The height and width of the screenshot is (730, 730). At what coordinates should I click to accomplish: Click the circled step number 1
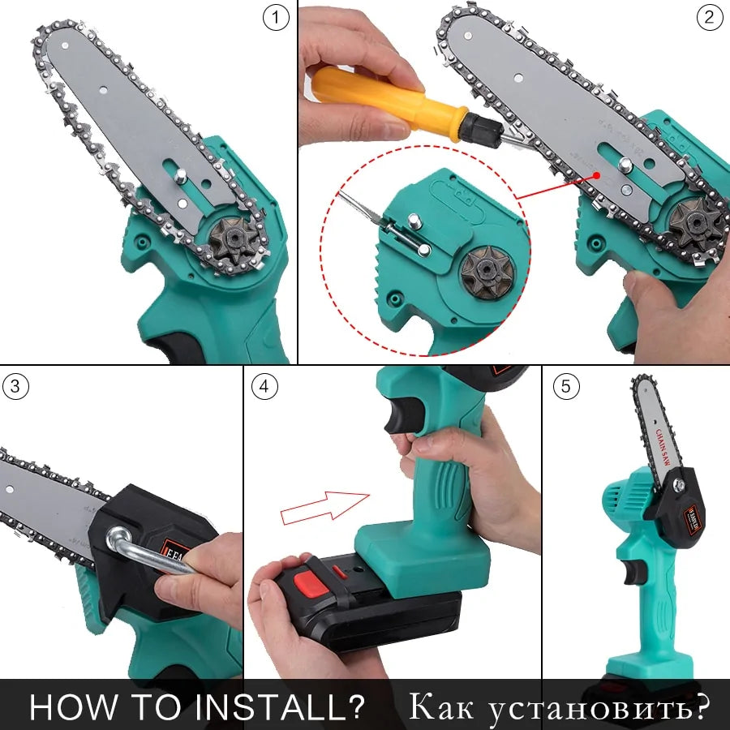click(x=277, y=18)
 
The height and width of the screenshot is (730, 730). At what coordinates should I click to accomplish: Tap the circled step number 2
click(x=709, y=18)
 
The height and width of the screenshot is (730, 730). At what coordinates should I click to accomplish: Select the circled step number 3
click(x=15, y=386)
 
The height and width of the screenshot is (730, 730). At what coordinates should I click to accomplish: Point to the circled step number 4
click(x=263, y=386)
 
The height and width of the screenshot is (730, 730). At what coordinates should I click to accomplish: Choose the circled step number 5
click(x=566, y=386)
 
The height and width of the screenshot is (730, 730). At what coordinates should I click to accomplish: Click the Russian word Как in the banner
click(x=442, y=706)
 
